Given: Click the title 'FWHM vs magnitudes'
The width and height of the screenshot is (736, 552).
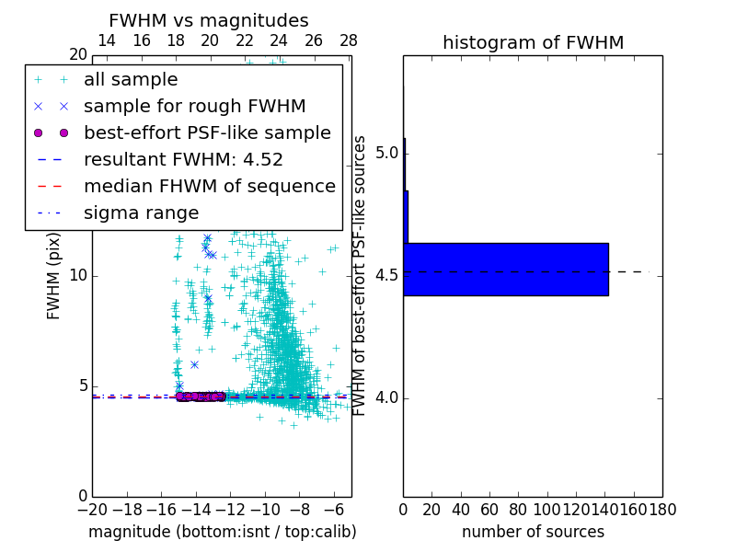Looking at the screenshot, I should [x=209, y=20].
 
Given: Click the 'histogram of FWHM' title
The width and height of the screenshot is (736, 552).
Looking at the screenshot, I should [x=533, y=42].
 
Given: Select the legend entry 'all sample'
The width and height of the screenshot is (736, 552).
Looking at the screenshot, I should [x=131, y=80].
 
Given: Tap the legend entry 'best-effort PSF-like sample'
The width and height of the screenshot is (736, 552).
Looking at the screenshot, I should [x=207, y=133].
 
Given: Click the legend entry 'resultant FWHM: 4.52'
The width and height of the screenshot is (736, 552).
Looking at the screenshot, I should [x=183, y=160].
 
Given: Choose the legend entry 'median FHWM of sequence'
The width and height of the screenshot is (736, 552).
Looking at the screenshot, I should [x=209, y=187].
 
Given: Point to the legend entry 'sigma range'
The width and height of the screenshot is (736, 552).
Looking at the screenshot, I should [x=141, y=213].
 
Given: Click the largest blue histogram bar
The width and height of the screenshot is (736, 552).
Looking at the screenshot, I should [x=505, y=270].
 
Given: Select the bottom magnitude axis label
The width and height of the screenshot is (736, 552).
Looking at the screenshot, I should [x=222, y=532].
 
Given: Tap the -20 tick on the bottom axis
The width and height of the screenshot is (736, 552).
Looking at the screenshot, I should [x=92, y=509].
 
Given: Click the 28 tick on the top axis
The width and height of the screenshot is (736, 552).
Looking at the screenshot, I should [x=349, y=41].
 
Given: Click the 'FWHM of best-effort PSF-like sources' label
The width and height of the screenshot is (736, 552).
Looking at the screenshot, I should [x=361, y=275].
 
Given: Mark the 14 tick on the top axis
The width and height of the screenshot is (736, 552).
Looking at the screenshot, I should [x=107, y=41].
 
